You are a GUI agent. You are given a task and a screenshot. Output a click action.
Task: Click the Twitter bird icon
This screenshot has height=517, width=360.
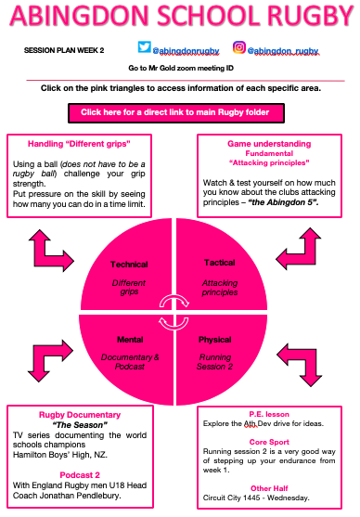click(x=145, y=46)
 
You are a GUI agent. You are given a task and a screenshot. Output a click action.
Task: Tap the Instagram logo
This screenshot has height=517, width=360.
click(x=239, y=47)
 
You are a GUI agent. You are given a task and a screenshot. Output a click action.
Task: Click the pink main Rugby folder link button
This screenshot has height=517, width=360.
click(x=176, y=113)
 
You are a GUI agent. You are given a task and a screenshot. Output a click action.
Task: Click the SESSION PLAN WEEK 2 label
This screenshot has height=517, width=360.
click(x=64, y=50)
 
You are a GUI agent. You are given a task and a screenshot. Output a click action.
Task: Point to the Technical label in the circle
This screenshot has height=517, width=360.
click(x=129, y=265)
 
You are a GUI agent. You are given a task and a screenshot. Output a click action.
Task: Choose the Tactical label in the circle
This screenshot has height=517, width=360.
click(x=220, y=263)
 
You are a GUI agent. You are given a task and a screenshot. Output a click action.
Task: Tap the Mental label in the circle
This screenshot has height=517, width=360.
click(x=130, y=340)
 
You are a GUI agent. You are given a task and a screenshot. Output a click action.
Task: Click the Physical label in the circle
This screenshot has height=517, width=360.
click(x=215, y=340)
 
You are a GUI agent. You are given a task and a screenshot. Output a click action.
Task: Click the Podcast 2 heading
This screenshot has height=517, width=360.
click(x=80, y=475)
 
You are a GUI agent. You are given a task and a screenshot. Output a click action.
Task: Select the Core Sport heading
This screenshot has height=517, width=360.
click(x=269, y=442)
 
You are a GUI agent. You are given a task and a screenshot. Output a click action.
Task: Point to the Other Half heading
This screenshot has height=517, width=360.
click(x=269, y=488)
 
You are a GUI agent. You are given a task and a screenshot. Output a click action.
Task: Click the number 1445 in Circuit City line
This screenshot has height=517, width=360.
click(x=251, y=498)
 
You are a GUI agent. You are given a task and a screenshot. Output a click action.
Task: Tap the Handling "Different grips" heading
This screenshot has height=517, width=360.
click(x=79, y=144)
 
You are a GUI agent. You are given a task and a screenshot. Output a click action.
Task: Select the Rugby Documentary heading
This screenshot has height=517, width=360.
click(x=80, y=415)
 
